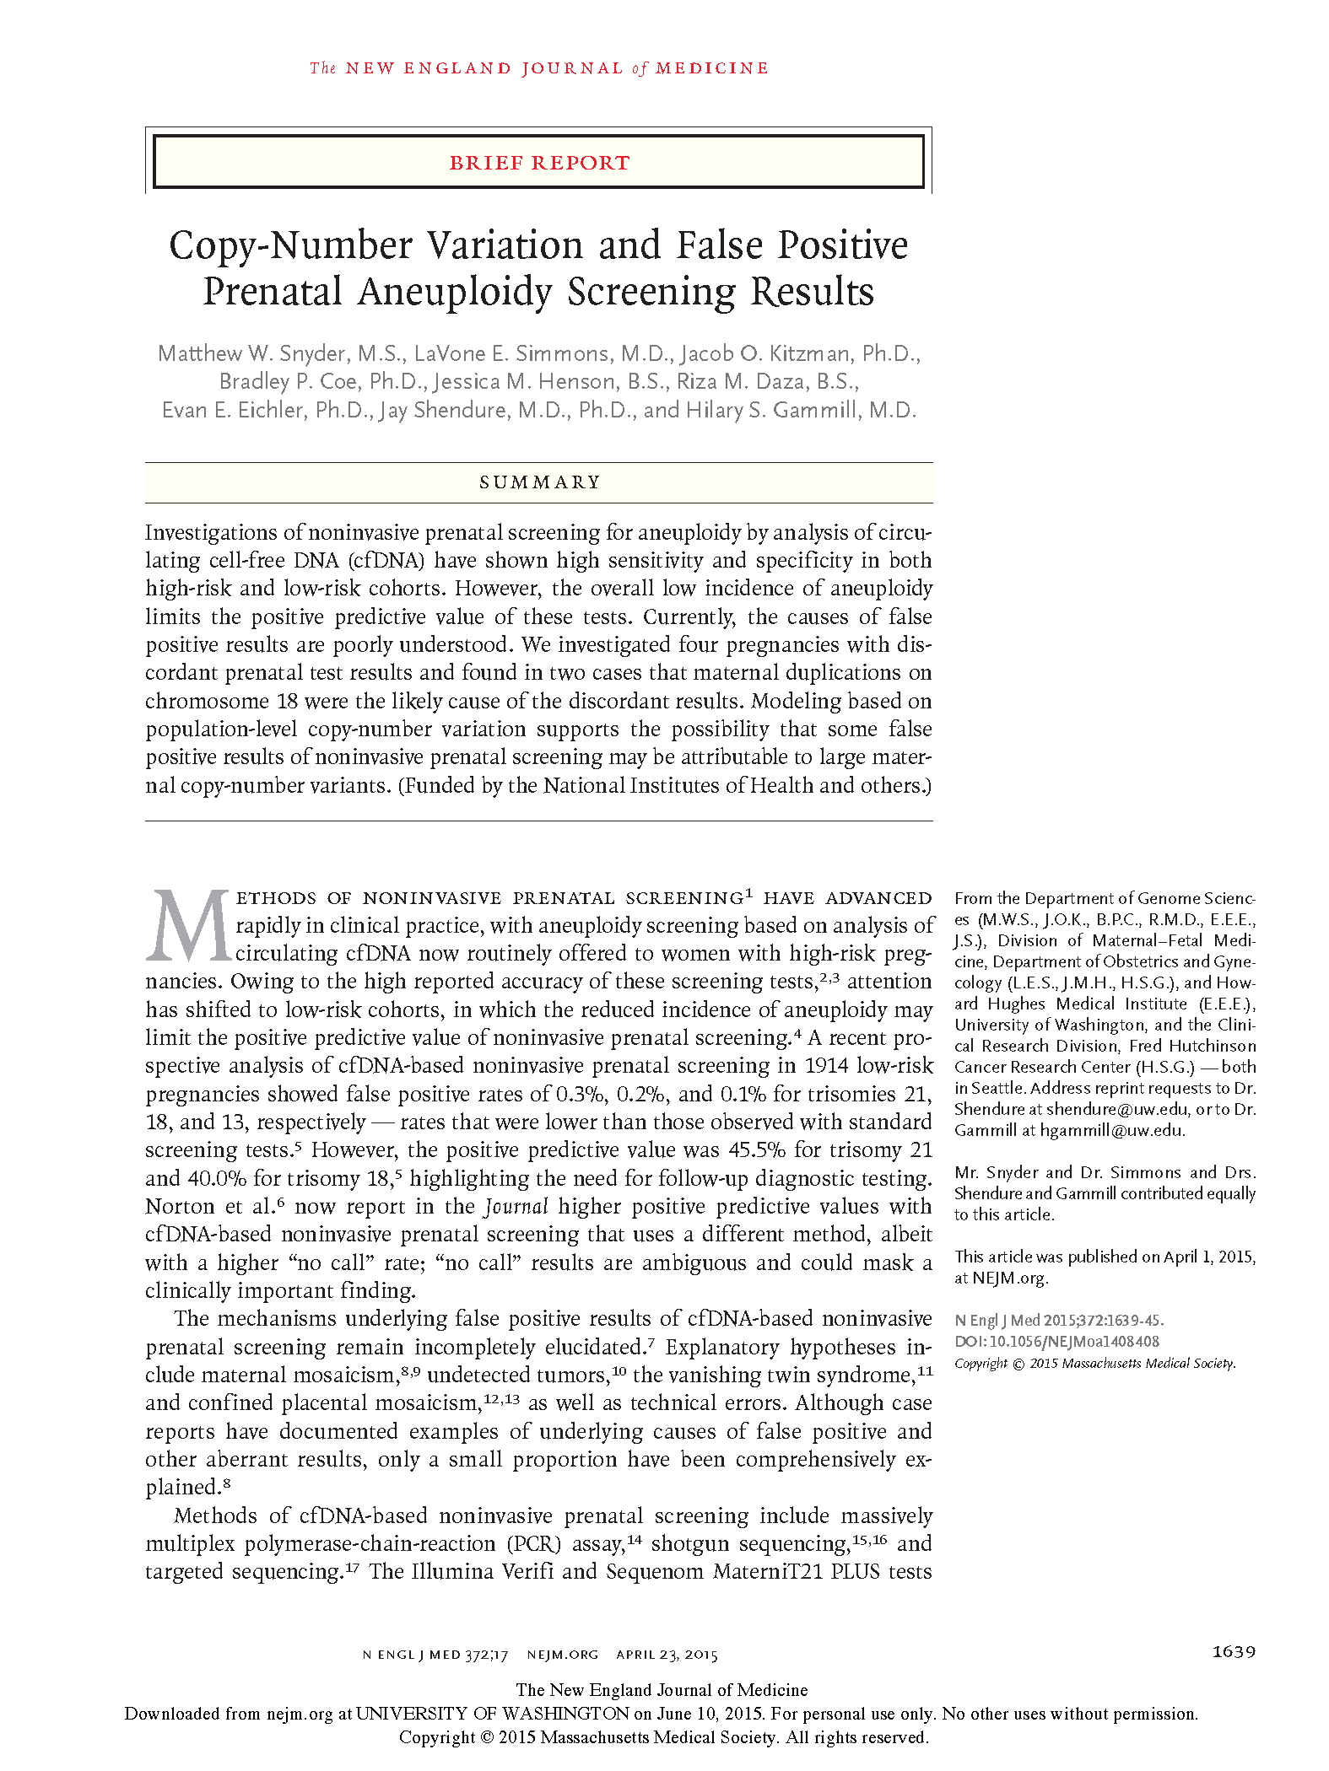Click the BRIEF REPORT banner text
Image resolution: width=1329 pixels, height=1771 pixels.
pos(539,163)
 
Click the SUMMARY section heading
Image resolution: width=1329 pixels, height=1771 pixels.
pos(539,482)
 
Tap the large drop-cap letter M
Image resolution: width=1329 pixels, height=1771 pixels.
pos(189,926)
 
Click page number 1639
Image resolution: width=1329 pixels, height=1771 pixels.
pos(1234,1652)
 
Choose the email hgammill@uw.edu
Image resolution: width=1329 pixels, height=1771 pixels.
pos(1112,1131)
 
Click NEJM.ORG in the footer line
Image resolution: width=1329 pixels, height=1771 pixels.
pos(563,1655)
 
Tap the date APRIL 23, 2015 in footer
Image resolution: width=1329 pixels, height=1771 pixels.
pos(667,1655)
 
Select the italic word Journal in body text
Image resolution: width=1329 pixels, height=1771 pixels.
pos(516,1207)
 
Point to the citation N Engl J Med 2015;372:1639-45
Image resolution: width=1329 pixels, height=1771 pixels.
pos(1059,1321)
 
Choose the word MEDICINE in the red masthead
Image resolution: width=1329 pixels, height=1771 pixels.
pos(712,68)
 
